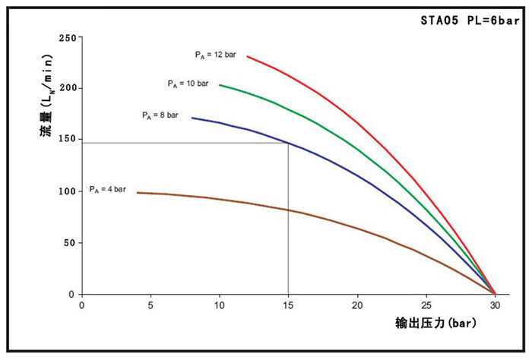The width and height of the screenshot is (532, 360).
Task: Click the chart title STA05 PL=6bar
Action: pyautogui.click(x=470, y=21)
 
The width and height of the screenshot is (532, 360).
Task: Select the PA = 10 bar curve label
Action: pyautogui.click(x=188, y=83)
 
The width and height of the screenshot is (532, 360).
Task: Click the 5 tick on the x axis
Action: pyautogui.click(x=150, y=306)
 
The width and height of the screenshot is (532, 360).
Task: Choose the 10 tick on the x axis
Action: pyautogui.click(x=219, y=306)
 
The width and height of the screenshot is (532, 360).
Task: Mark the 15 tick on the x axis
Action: pyautogui.click(x=288, y=306)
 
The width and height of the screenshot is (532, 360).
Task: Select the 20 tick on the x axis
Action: pyautogui.click(x=357, y=306)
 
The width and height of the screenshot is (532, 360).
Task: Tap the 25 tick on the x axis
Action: pyautogui.click(x=426, y=306)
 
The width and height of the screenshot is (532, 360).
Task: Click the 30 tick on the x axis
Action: pyautogui.click(x=495, y=306)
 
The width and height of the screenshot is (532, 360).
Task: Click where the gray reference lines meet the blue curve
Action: pyautogui.click(x=288, y=142)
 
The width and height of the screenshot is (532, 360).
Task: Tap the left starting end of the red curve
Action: pyautogui.click(x=247, y=56)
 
